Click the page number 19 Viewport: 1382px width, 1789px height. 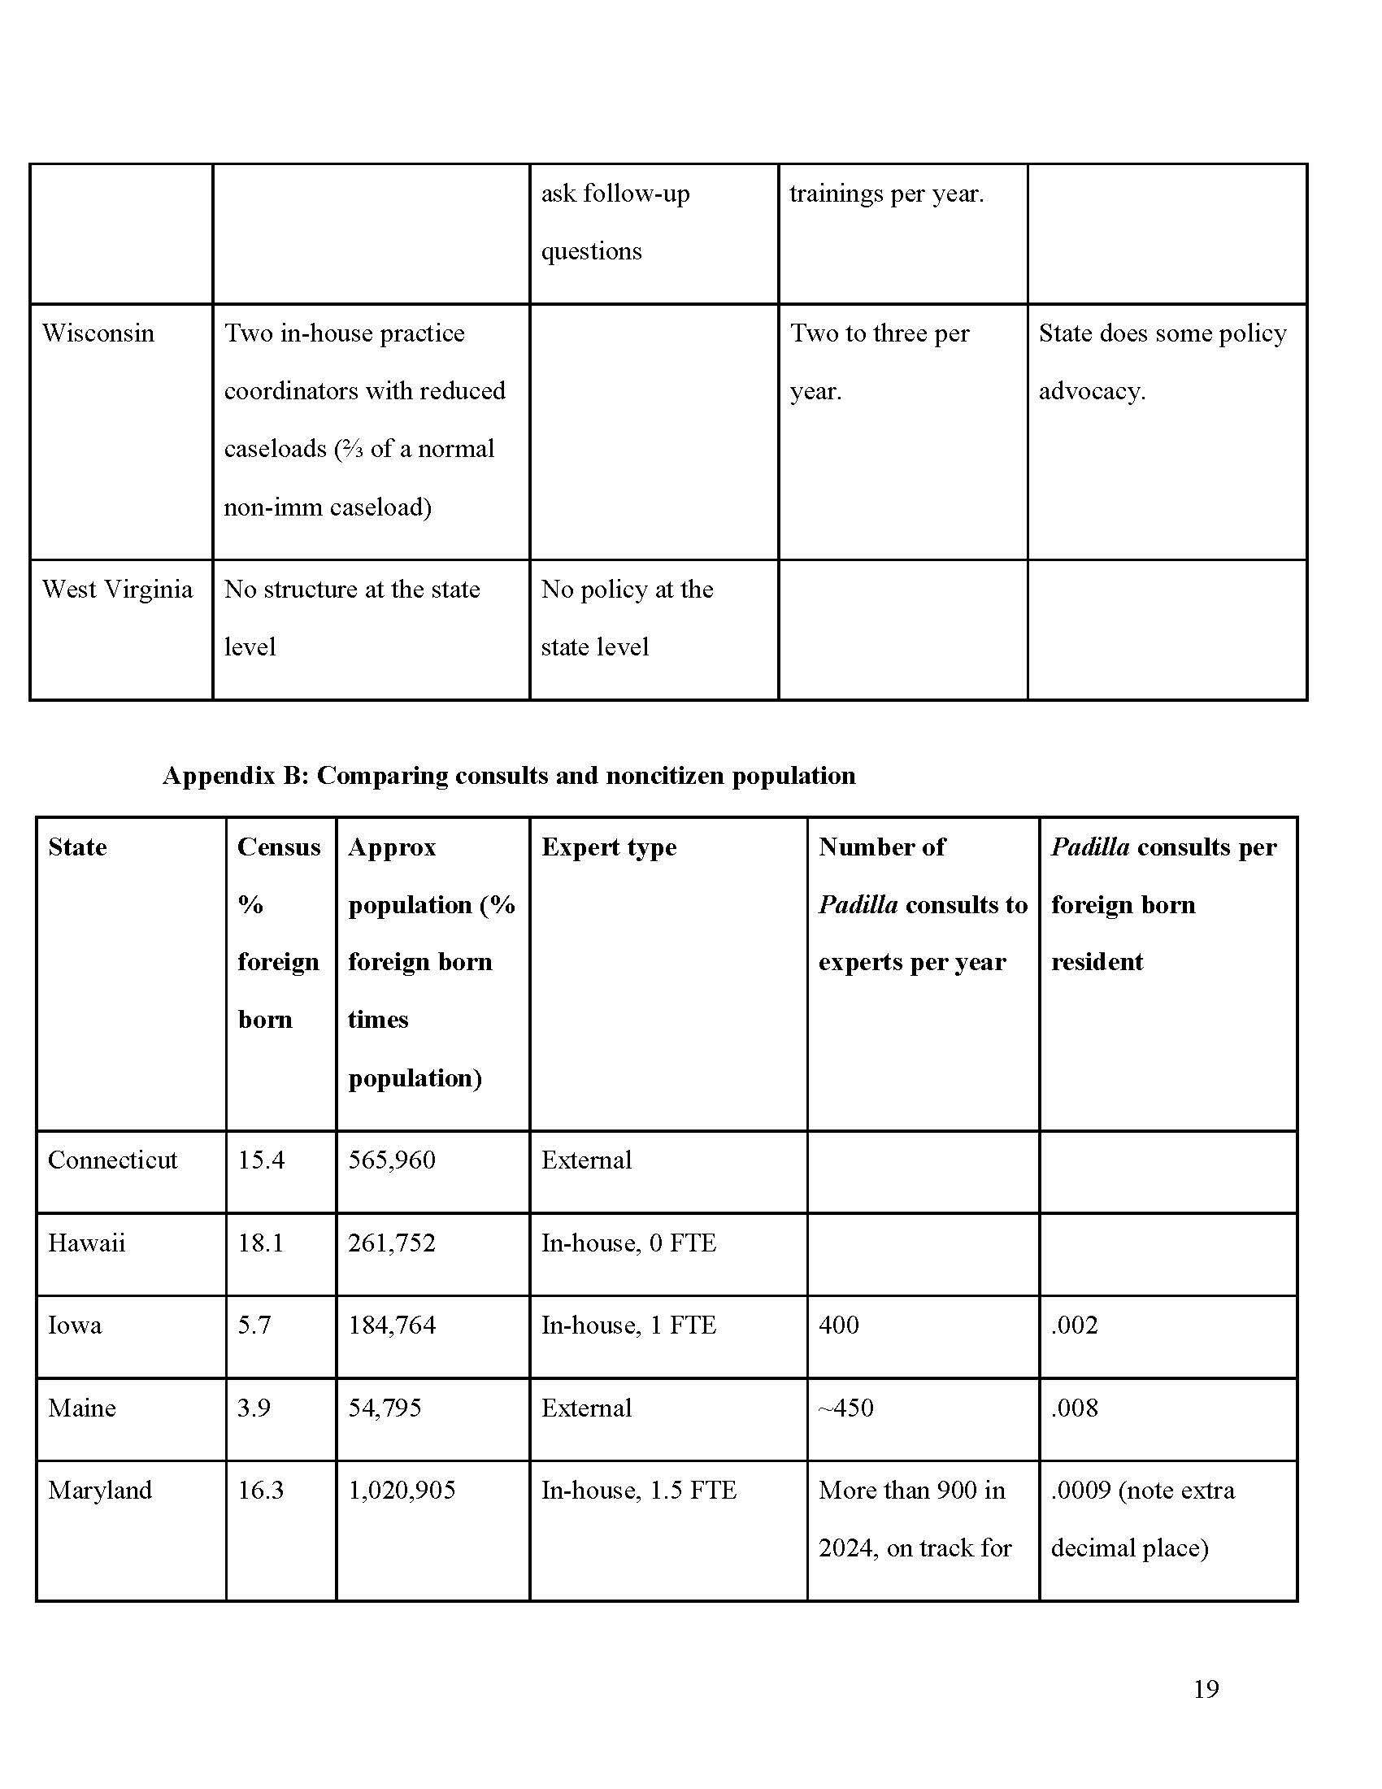(1205, 1688)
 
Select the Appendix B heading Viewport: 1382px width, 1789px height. (508, 775)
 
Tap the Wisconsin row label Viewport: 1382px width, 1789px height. (98, 333)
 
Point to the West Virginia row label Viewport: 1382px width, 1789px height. (117, 589)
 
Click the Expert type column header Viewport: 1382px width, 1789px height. (608, 847)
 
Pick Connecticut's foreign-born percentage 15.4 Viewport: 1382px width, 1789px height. (261, 1160)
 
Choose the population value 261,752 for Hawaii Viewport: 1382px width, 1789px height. (391, 1243)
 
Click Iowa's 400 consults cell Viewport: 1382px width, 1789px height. (838, 1325)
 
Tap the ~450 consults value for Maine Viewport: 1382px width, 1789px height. (845, 1408)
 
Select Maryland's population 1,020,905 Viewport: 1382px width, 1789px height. (401, 1489)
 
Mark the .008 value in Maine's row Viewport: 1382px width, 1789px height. (1074, 1408)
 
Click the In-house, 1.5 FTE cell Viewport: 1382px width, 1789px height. (639, 1489)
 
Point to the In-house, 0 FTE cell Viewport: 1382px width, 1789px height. (628, 1243)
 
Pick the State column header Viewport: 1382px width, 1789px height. (78, 847)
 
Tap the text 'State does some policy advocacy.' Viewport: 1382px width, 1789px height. (1162, 361)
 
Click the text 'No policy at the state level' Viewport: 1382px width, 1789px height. (626, 618)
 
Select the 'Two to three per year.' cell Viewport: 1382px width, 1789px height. (880, 361)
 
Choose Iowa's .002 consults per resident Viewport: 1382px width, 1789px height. (1074, 1325)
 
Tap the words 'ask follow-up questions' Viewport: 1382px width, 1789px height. (615, 221)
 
